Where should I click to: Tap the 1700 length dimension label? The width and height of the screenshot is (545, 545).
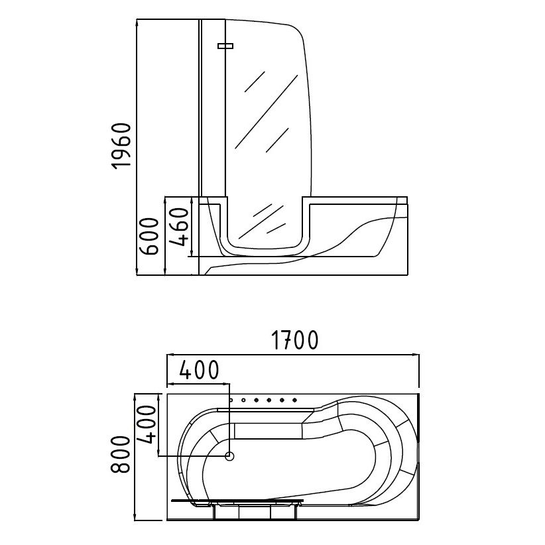(x=294, y=340)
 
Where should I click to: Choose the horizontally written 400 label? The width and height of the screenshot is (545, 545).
(x=199, y=369)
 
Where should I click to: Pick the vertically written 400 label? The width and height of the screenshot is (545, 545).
(x=147, y=424)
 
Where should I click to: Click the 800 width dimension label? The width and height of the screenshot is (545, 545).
(x=120, y=455)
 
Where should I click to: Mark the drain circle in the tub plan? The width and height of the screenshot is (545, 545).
(x=229, y=456)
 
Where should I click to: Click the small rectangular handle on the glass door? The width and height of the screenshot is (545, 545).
(x=225, y=46)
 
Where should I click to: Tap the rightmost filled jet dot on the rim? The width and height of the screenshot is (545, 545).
(x=294, y=400)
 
